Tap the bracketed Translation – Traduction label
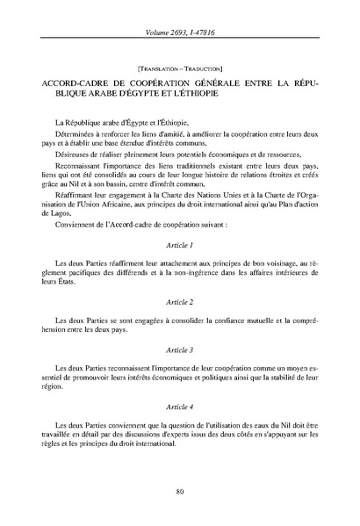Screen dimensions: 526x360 coord(179,67)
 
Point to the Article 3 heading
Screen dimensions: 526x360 coord(179,350)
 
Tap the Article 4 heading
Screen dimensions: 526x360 coord(179,407)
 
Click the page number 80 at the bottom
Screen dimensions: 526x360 coord(179,491)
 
